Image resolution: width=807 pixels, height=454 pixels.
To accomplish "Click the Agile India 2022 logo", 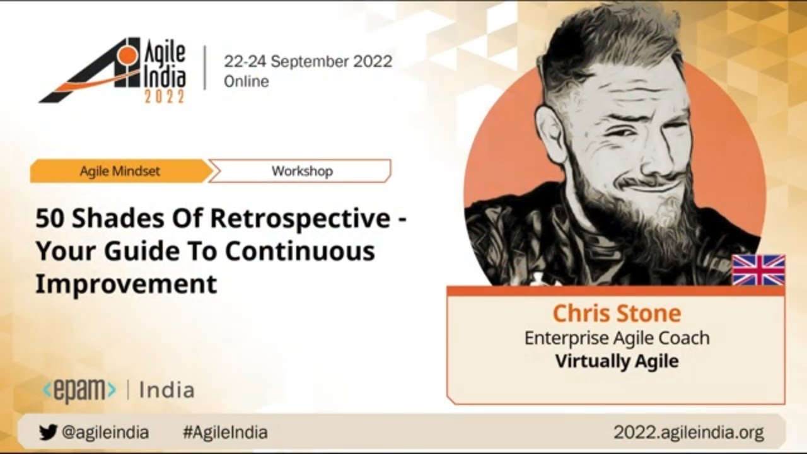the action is pyautogui.click(x=112, y=71).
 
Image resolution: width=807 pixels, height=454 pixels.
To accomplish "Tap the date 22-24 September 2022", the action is pyautogui.click(x=308, y=61).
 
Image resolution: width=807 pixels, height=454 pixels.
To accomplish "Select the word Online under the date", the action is pyautogui.click(x=247, y=81).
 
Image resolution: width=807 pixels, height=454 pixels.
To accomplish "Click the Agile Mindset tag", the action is pyautogui.click(x=120, y=171).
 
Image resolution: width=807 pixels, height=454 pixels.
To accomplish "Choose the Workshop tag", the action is pyautogui.click(x=302, y=171).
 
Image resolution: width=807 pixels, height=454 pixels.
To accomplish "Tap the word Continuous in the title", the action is pyautogui.click(x=300, y=251).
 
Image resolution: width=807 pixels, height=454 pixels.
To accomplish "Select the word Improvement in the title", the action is pyautogui.click(x=126, y=284).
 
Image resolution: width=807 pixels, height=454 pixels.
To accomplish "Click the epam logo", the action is pyautogui.click(x=79, y=390).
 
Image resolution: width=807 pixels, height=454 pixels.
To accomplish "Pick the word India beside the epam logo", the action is pyautogui.click(x=167, y=390).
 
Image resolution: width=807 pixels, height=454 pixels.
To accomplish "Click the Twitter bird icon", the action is pyautogui.click(x=48, y=432).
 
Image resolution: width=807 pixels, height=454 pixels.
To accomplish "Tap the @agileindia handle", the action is pyautogui.click(x=105, y=432).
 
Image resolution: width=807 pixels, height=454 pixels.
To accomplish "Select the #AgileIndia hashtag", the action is pyautogui.click(x=225, y=432).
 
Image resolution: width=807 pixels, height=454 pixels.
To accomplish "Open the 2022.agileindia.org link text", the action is pyautogui.click(x=688, y=432).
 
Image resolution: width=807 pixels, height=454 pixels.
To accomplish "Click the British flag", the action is pyautogui.click(x=758, y=270).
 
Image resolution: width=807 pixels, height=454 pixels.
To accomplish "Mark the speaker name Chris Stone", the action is pyautogui.click(x=617, y=313).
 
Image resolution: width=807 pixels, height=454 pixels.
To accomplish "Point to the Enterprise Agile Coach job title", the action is pyautogui.click(x=617, y=339).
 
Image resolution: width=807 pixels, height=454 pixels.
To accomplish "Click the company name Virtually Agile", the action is pyautogui.click(x=617, y=361).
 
